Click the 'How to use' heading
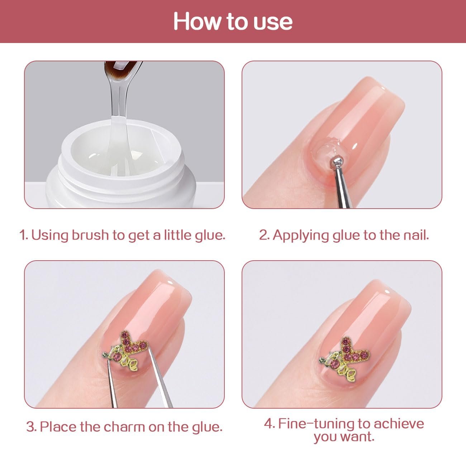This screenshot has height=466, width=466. (x=233, y=22)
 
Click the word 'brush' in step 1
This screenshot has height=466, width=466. (x=90, y=235)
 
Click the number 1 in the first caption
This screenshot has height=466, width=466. (x=23, y=235)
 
